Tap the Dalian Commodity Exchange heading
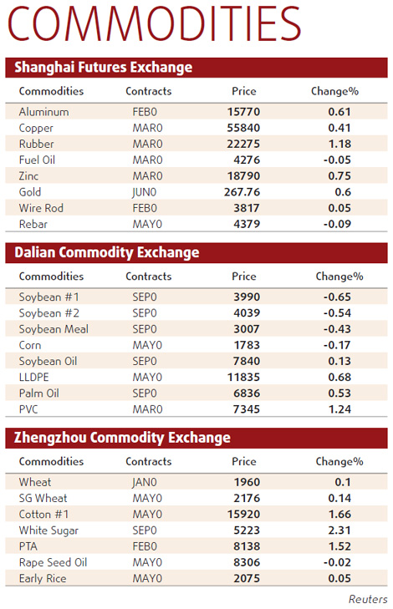pos(107,252)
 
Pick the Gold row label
pos(30,192)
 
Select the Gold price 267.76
pos(243,192)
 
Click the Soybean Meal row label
pos(54,329)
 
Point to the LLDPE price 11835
pos(243,377)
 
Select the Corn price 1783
pos(243,345)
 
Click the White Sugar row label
pos(49,530)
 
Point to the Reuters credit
pos(368,599)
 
